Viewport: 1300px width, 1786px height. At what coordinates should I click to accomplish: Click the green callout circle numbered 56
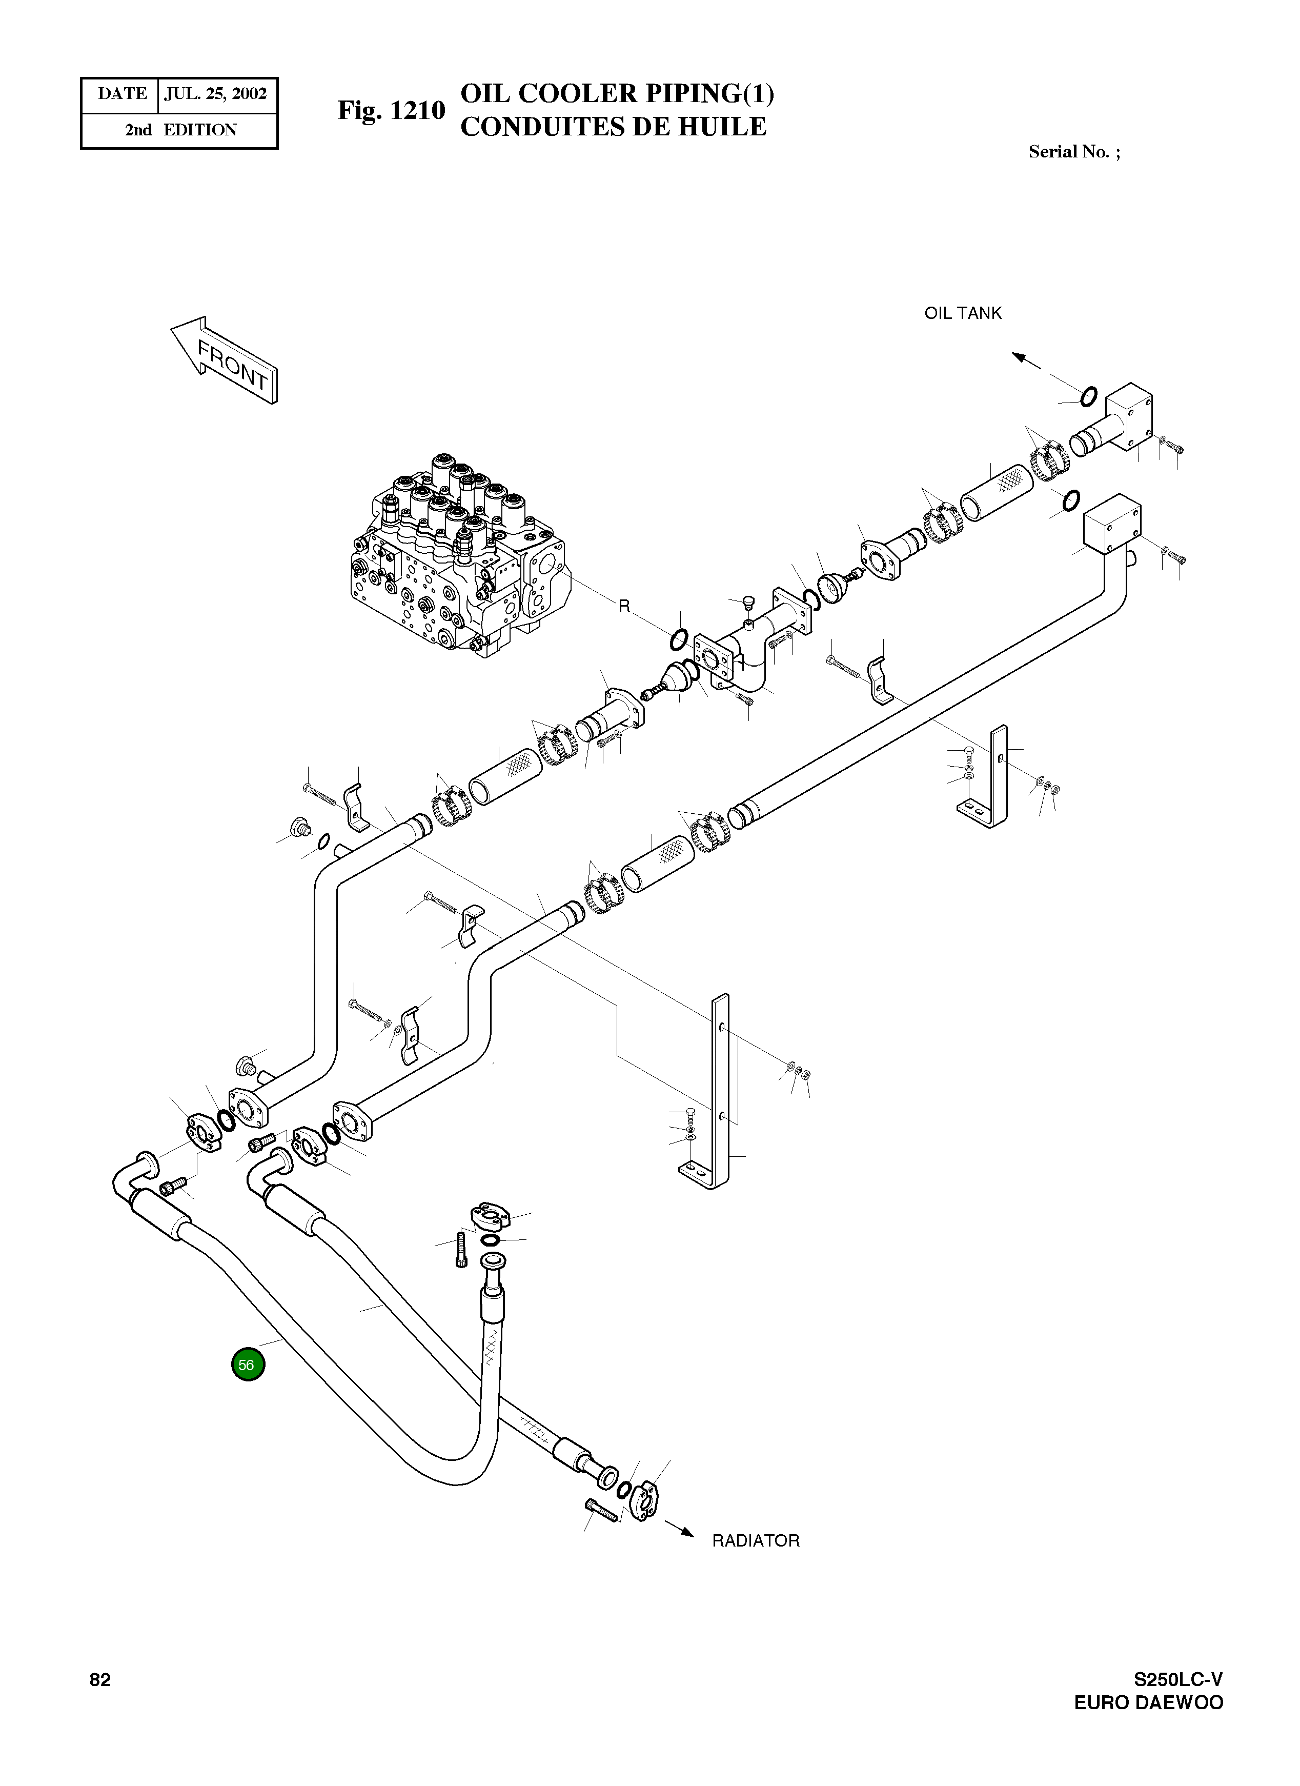click(x=248, y=1364)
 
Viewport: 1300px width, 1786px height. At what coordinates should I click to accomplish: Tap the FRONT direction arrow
click(x=225, y=360)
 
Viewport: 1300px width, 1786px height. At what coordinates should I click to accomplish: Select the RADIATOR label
click(x=755, y=1541)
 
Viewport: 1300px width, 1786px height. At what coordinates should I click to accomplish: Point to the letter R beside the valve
click(x=624, y=606)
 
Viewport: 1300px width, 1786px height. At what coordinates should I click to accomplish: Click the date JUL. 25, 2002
click(x=216, y=94)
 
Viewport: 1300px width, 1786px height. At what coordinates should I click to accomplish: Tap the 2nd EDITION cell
click(x=180, y=130)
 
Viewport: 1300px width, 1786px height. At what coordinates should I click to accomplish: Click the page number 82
click(x=100, y=1680)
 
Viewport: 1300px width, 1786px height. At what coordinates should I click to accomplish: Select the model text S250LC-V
click(x=1178, y=1680)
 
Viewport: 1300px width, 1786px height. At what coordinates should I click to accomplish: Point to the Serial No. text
click(x=1074, y=152)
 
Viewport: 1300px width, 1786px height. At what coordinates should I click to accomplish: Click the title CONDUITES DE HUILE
click(x=613, y=127)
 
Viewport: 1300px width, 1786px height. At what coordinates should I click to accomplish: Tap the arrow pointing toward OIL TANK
click(x=1026, y=360)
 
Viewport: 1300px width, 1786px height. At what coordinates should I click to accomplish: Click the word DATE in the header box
click(x=122, y=94)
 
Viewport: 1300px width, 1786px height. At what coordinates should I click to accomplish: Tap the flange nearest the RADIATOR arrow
click(x=643, y=1502)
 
